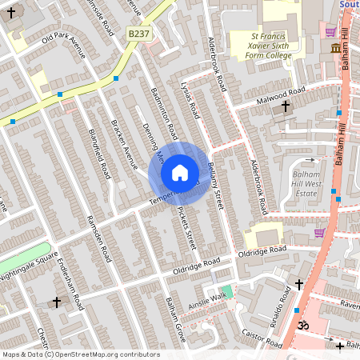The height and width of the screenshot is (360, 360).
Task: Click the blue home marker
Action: (179, 172)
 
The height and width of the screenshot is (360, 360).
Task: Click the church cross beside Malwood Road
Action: (285, 106)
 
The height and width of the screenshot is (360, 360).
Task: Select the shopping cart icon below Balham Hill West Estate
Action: (320, 233)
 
